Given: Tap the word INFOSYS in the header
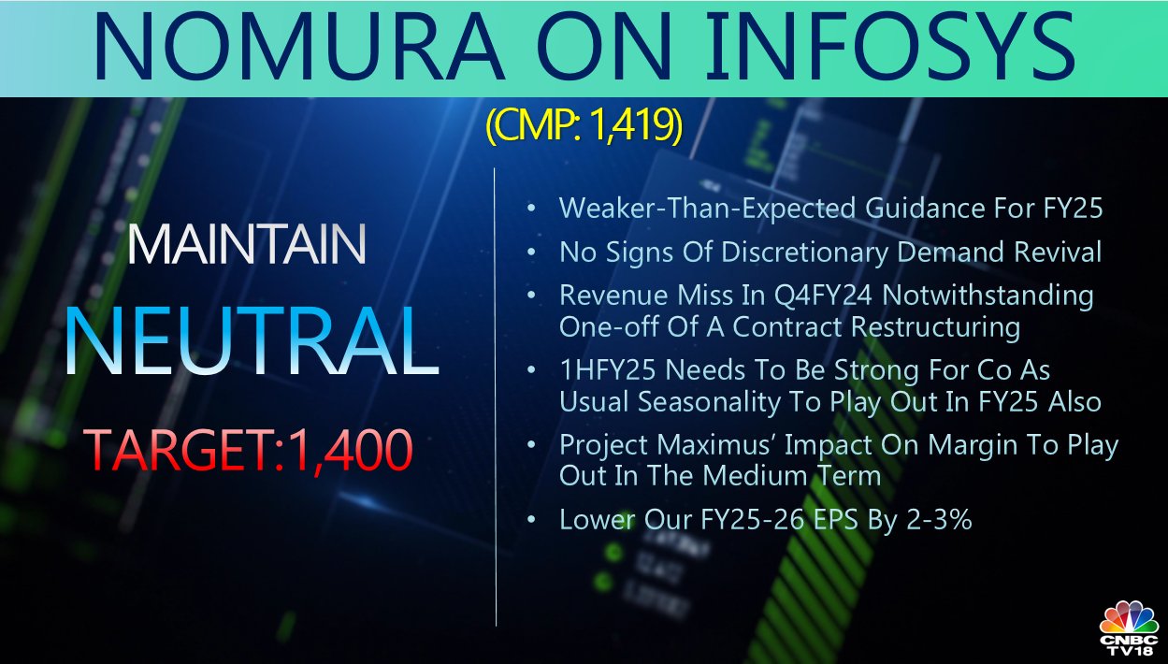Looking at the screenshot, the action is [x=890, y=47].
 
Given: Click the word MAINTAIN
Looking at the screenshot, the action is [x=246, y=244].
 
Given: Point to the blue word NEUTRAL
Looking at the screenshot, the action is [x=252, y=340].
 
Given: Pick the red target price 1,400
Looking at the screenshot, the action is [x=351, y=451].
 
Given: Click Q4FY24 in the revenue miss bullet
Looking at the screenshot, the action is [x=823, y=296].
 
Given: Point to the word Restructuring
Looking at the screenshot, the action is [x=935, y=327].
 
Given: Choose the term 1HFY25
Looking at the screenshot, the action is [x=608, y=370].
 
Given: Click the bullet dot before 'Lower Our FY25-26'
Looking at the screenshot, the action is [x=531, y=519].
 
